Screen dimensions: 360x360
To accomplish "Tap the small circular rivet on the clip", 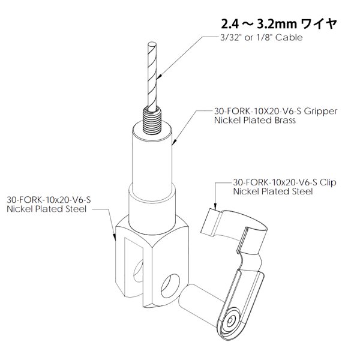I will (x=230, y=322).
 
